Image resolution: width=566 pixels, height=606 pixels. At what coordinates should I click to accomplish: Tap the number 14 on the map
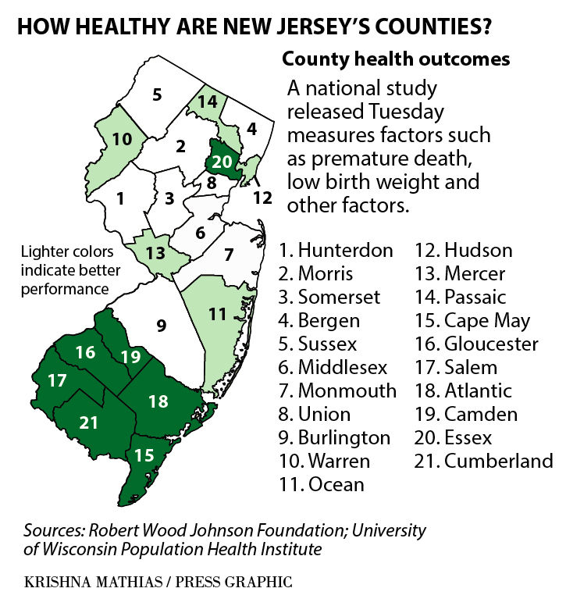tap(207, 102)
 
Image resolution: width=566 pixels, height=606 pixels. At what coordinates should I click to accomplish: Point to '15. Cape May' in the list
tap(475, 320)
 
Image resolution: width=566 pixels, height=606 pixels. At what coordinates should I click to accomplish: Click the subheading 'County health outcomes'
tap(396, 59)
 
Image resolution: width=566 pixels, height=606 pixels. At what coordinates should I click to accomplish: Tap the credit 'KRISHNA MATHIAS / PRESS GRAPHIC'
tap(158, 582)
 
